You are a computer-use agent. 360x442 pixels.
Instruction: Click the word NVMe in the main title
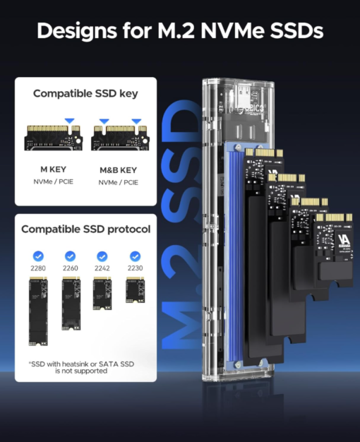232,30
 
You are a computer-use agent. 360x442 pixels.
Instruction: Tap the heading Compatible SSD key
85,94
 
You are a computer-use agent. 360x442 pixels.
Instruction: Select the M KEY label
53,169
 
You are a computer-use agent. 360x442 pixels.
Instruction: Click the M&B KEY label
119,170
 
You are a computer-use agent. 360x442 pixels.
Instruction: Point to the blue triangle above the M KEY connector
69,121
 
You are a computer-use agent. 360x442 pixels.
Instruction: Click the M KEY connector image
53,138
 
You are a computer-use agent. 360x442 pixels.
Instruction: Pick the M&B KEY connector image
120,138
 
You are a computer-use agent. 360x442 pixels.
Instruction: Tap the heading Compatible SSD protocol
85,229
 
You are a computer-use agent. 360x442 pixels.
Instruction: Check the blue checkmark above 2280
38,256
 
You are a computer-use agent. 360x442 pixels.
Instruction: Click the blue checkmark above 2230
135,256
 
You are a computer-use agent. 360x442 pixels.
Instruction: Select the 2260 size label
70,268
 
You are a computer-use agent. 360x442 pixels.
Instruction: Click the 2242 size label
102,268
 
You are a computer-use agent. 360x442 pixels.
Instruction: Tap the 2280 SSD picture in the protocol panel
38,311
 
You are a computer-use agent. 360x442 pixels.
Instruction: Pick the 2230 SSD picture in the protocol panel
136,289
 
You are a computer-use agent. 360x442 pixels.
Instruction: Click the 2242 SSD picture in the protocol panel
102,294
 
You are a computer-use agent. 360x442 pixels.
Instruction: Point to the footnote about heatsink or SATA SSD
81,367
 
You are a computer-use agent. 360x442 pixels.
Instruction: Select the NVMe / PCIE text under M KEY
53,182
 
